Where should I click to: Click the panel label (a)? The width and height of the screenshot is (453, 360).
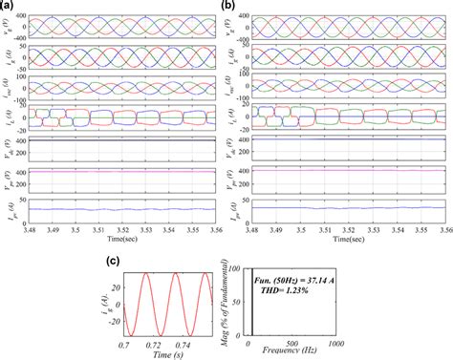coord(7,7)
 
